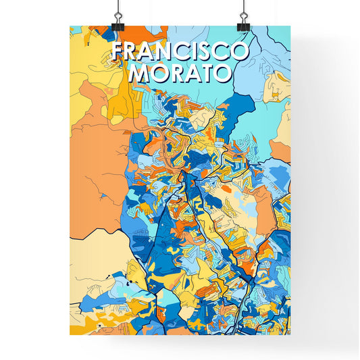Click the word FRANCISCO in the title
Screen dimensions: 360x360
point(180,52)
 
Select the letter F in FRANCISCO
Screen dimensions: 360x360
point(117,52)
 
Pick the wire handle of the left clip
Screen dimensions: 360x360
point(118,8)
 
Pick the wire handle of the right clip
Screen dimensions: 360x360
point(242,8)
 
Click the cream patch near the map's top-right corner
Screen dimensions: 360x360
point(277,84)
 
